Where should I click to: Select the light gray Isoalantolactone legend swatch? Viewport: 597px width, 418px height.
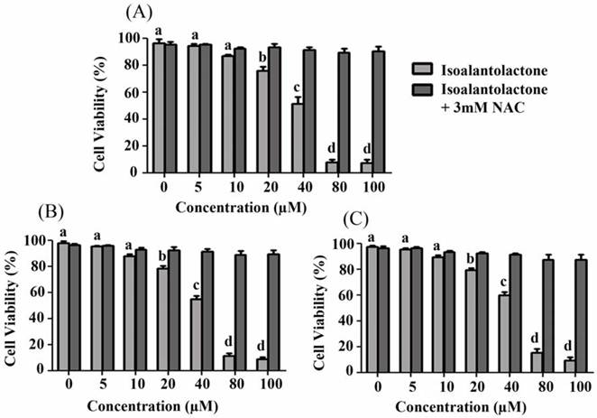pyautogui.click(x=419, y=69)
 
